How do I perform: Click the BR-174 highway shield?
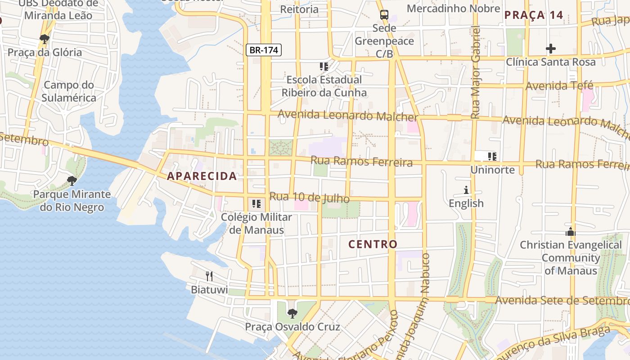[x=264, y=50]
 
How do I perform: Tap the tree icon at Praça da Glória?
[x=45, y=39]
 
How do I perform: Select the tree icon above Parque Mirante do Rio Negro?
[x=72, y=181]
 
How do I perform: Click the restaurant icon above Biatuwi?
[x=209, y=276]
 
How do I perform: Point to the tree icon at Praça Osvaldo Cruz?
[x=292, y=313]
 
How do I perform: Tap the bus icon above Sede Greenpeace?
[x=384, y=14]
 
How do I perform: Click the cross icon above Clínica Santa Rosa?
[x=550, y=48]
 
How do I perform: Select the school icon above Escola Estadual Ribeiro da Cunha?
[x=324, y=67]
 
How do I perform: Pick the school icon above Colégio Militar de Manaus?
[x=256, y=203]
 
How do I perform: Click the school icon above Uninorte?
[x=492, y=157]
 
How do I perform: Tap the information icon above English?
[x=466, y=190]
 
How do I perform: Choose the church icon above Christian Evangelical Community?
[x=571, y=232]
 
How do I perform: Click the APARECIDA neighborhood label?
[x=202, y=176]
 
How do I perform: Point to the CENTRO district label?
[x=373, y=244]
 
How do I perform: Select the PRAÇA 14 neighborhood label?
[x=534, y=15]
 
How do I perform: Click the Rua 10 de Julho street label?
[x=309, y=197]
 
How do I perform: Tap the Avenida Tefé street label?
[x=559, y=85]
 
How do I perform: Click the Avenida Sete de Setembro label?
[x=562, y=300]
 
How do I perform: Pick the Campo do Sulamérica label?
[x=70, y=91]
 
